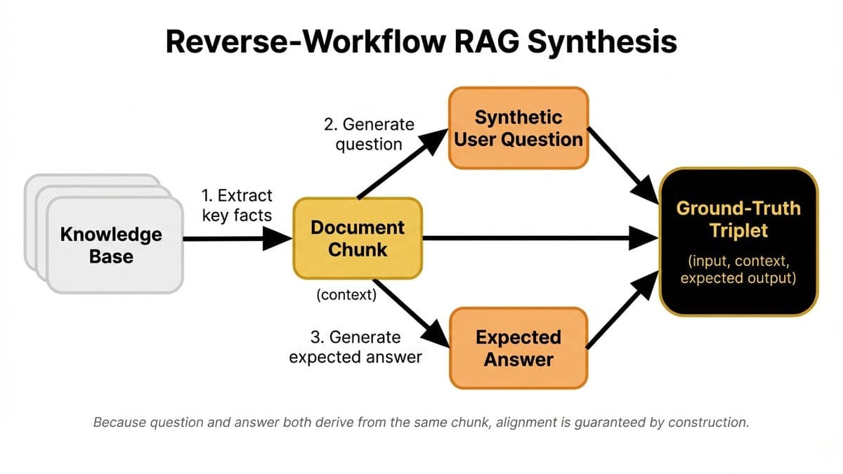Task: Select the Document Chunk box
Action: click(357, 238)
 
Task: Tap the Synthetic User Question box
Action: click(518, 128)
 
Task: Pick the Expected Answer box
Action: click(518, 348)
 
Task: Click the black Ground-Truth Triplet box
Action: click(738, 242)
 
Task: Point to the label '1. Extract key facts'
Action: click(237, 205)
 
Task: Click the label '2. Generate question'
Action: click(369, 134)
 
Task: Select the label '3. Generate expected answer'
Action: click(355, 347)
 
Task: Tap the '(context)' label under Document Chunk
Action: click(346, 295)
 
